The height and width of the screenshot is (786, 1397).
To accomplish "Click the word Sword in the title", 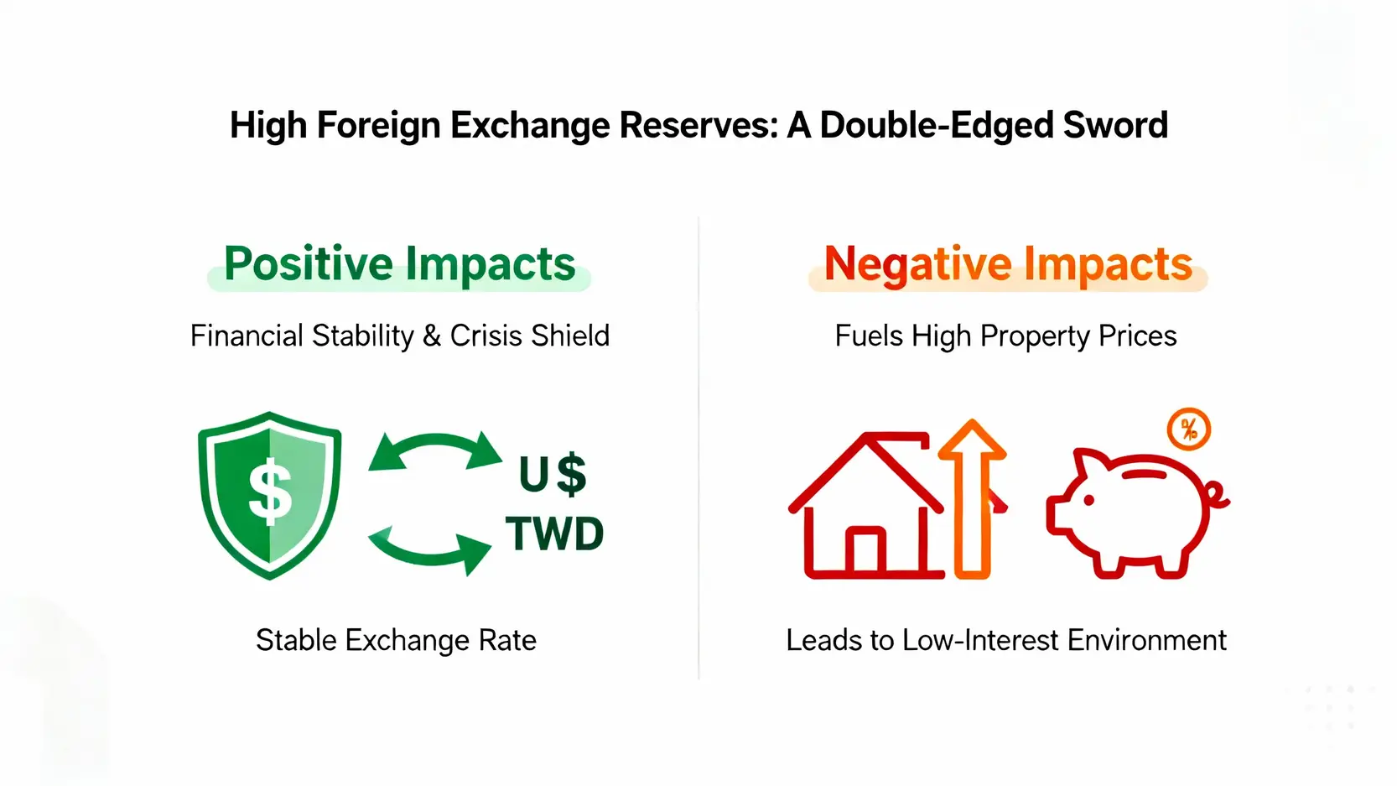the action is coord(1115,125).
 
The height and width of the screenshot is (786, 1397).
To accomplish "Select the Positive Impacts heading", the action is coord(399,264).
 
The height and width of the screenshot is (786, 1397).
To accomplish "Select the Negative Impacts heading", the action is coord(1008,264).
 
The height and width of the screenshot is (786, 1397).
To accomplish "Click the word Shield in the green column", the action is coord(569,336).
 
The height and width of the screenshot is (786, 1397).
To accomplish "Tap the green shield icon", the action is coord(269,496).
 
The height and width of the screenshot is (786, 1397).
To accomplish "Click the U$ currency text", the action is coord(553,475).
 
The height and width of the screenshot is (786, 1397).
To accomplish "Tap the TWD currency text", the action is coord(554,534).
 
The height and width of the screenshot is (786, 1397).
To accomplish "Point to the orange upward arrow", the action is coord(973,499).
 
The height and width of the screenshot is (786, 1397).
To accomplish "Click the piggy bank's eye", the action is coord(1089,500).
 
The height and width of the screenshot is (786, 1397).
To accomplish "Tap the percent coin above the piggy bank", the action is coord(1189,429).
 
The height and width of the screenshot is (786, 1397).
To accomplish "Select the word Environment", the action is coord(1146,640).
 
